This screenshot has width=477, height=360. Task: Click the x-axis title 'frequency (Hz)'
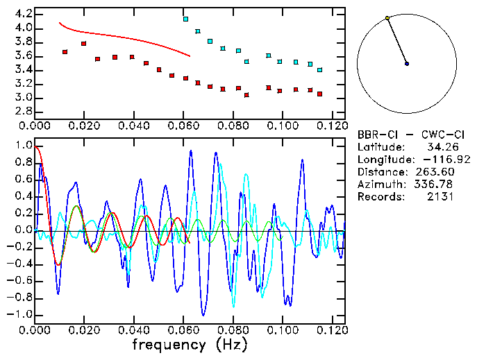190,344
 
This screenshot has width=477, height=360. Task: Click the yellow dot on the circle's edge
387,18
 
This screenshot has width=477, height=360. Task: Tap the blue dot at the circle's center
407,64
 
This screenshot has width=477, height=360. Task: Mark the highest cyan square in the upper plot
185,19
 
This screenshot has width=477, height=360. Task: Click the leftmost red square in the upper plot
65,52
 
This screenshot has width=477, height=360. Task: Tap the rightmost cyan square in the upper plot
319,70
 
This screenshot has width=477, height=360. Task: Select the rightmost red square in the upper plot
319,94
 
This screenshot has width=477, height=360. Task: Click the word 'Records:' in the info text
380,197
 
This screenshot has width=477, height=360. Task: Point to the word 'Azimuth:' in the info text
380,185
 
